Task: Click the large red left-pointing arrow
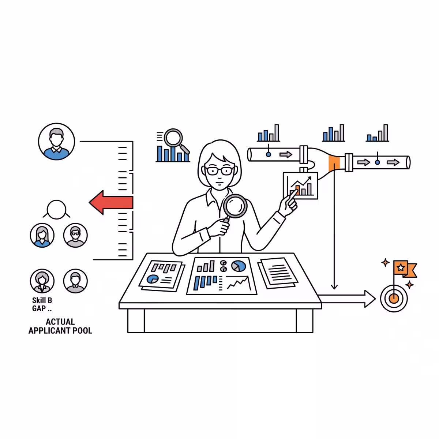111,202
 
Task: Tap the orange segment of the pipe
334,163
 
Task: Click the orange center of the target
393,298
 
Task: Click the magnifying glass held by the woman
234,208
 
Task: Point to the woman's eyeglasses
219,170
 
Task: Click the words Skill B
42,300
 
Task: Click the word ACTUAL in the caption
60,322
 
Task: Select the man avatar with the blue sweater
56,142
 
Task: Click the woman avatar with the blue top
42,235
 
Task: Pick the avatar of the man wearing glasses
75,235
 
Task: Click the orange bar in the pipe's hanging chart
297,190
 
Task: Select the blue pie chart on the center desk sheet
239,266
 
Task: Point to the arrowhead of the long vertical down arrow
334,287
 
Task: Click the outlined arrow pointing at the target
346,299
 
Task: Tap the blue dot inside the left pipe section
269,154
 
